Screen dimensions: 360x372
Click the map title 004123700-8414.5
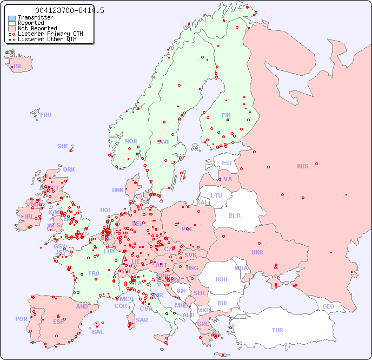[x=69, y=11]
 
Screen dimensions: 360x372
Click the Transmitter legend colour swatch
[x=12, y=18]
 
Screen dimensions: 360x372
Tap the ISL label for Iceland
[x=18, y=67]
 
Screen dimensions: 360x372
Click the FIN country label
[x=226, y=115]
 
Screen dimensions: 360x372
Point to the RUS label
[x=302, y=166]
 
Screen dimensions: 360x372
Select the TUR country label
[x=277, y=330]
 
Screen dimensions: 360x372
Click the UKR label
[x=257, y=252]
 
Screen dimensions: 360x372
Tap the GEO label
[x=328, y=306]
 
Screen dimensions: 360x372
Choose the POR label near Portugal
[x=21, y=319]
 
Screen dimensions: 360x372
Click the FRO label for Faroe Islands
[x=46, y=115]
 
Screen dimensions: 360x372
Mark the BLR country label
[x=234, y=215]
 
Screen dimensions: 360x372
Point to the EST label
[x=227, y=163]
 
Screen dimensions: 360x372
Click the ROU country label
[x=221, y=279]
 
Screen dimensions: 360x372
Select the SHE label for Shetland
[x=63, y=146]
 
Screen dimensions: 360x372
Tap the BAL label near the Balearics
[x=98, y=332]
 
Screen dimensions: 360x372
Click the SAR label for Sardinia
[x=142, y=320]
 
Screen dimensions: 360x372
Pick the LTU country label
[x=216, y=195]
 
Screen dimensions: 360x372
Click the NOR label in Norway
[x=131, y=141]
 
